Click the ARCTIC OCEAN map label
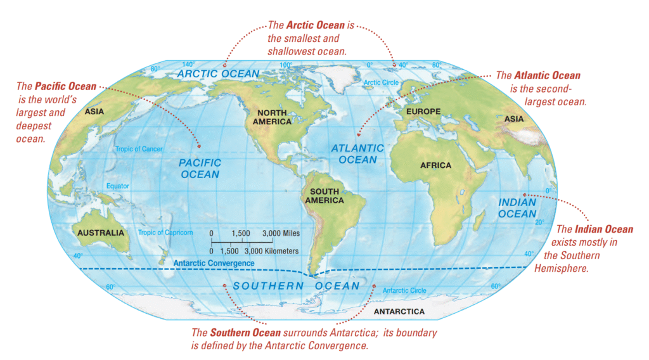[218, 74]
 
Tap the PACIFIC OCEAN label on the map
[200, 169]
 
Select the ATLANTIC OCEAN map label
[357, 154]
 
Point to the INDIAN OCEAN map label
[517, 208]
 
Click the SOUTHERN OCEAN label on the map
[296, 286]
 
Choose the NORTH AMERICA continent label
[271, 117]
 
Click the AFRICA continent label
[435, 165]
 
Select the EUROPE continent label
[423, 112]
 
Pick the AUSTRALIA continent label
[101, 233]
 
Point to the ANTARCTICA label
[399, 312]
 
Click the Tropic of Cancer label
[139, 150]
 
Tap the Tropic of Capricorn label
[165, 233]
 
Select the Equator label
[117, 186]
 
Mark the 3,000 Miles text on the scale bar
[281, 233]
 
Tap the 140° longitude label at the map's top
[188, 65]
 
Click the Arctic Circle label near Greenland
[380, 83]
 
